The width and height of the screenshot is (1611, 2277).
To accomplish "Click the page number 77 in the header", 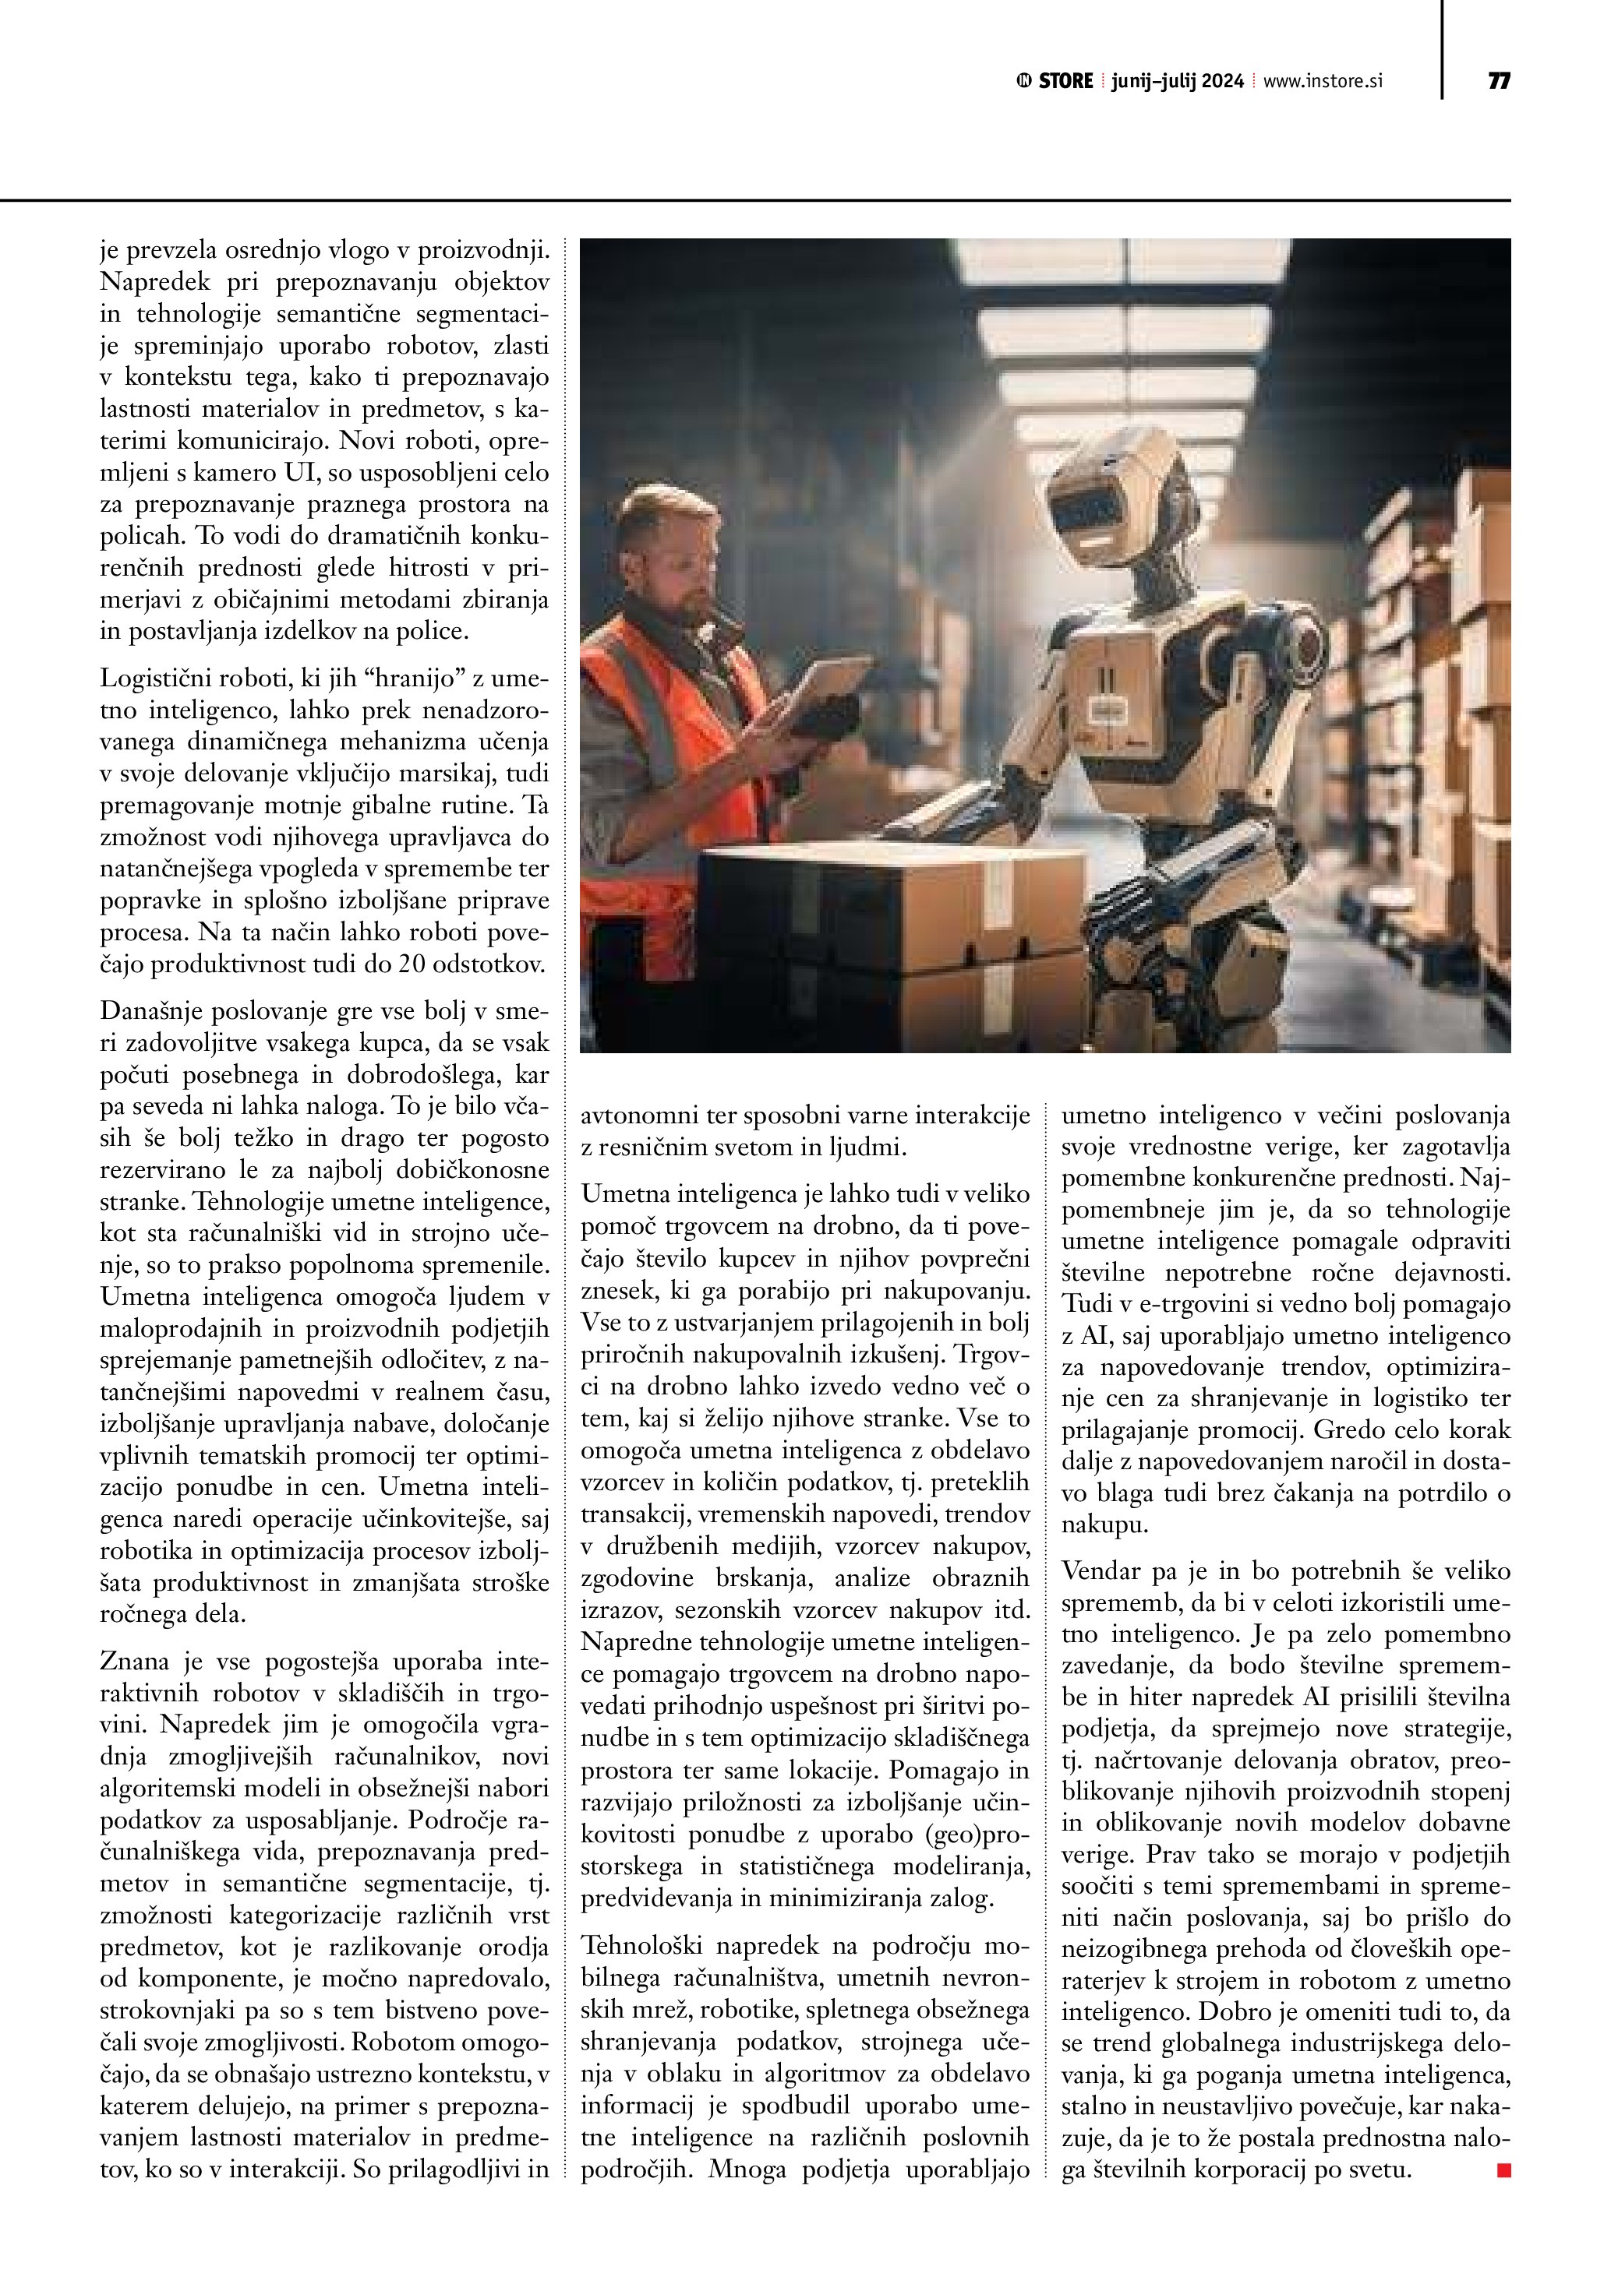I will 1498,81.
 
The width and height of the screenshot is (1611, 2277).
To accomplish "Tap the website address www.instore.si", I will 1323,81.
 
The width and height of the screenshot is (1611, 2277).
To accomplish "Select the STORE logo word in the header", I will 1065,81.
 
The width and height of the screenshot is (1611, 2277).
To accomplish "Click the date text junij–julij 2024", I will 1178,81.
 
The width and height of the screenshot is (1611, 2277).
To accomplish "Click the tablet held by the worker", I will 832,684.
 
